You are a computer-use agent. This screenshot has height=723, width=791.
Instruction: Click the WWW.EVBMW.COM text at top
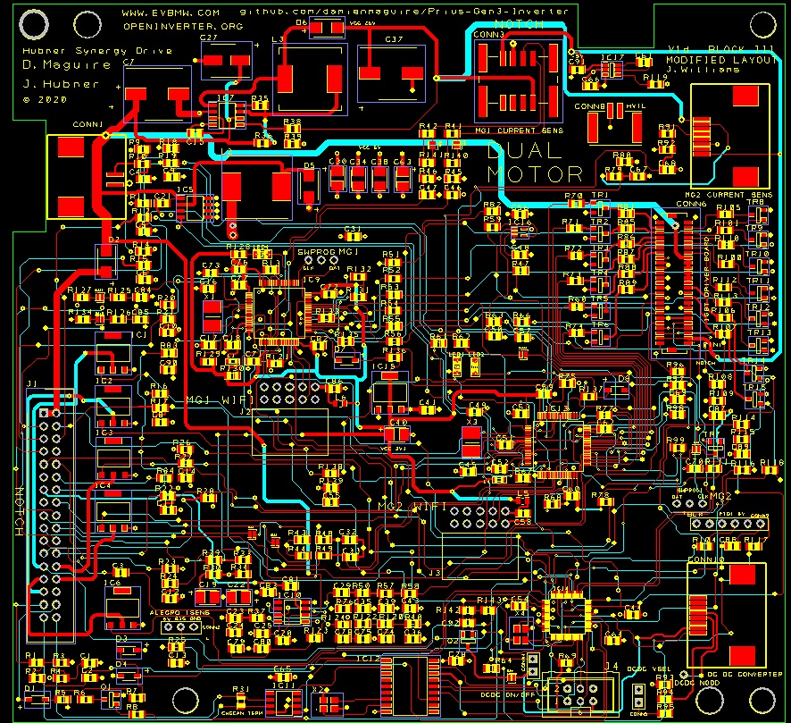coord(170,13)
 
